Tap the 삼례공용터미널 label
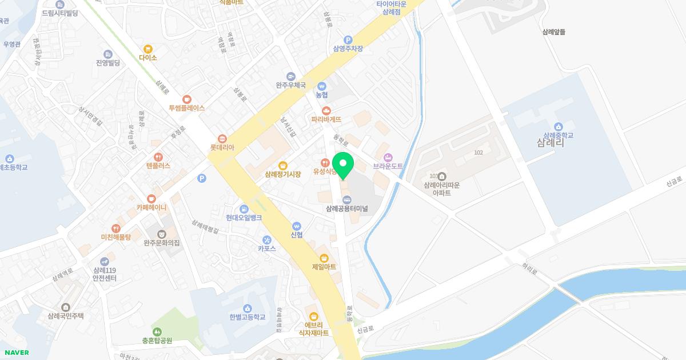tap(346, 209)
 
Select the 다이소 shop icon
tap(148, 49)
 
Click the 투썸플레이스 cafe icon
tap(187, 99)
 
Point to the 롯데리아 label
tap(222, 147)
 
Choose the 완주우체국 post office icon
tap(291, 77)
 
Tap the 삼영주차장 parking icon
tap(348, 40)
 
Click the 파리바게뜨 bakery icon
tap(326, 111)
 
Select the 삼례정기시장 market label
tap(283, 174)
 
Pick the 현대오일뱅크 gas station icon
tap(244, 209)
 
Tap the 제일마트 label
tap(324, 267)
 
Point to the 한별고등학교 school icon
tap(248, 309)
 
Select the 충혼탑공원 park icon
tap(157, 332)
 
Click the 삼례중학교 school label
tap(558, 135)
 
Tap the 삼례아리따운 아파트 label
tap(442, 189)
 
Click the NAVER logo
tap(17, 353)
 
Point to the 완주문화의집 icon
tap(162, 234)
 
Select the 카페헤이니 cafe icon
tap(151, 199)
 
